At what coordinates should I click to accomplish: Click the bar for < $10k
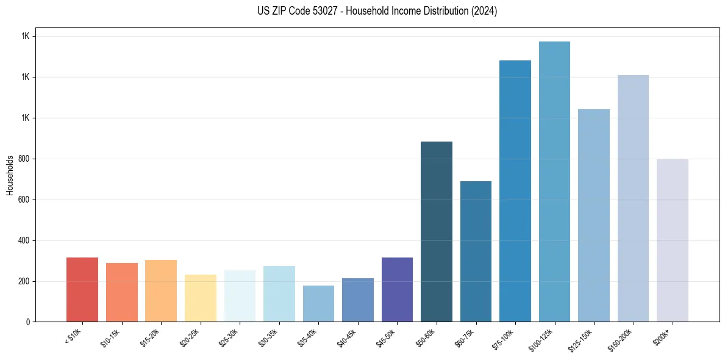(82, 290)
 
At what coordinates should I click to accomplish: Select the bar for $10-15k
(121, 292)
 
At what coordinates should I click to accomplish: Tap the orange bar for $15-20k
(161, 291)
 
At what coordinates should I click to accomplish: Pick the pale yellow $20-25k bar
(200, 298)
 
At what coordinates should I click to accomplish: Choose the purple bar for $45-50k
(397, 290)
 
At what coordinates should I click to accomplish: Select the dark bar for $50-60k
(437, 232)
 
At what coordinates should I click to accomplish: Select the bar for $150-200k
(633, 198)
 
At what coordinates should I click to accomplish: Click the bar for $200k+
(673, 240)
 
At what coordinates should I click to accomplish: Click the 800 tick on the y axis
(24, 159)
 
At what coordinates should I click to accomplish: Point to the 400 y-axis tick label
(24, 240)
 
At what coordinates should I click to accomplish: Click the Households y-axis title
(10, 175)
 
